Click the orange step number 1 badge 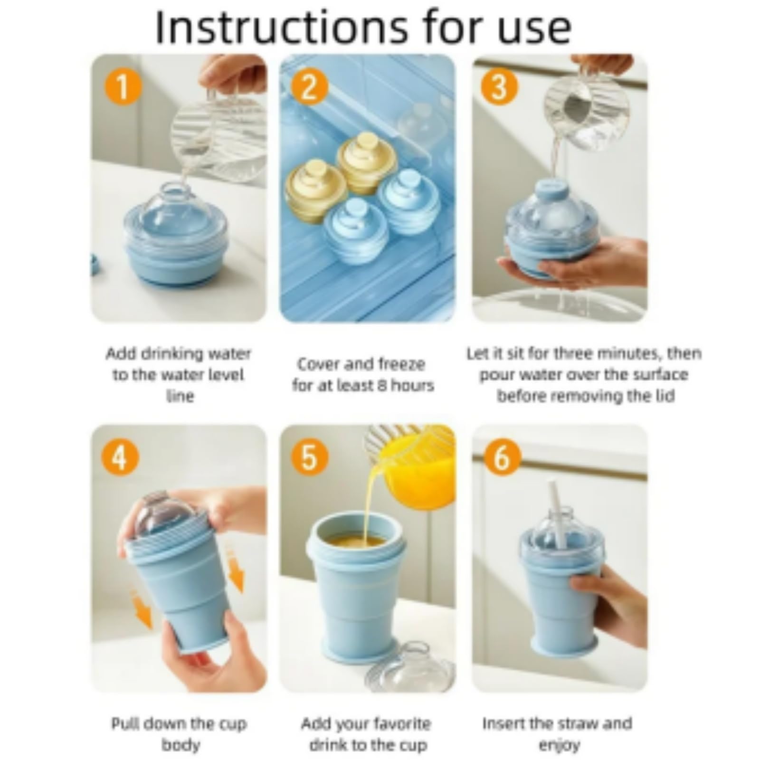(122, 86)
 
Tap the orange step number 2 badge (309, 86)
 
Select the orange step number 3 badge (499, 86)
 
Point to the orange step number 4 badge (120, 458)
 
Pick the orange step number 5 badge (309, 458)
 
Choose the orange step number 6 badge (501, 458)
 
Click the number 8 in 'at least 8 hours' (380, 385)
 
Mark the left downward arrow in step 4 (141, 609)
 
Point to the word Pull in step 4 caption (125, 723)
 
